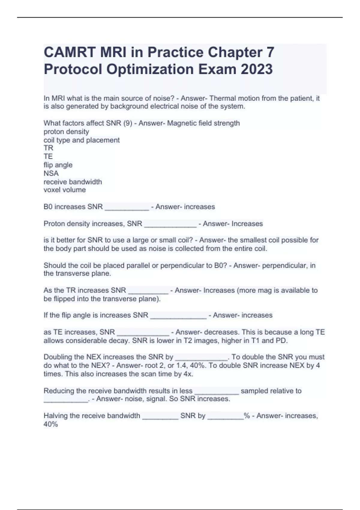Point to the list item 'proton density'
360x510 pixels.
pos(66,132)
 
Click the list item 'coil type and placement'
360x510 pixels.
pos(82,140)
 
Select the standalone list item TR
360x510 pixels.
pos(48,148)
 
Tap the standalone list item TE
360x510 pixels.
pos(48,157)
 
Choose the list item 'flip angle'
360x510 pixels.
pos(58,165)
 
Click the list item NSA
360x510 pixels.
pos(51,173)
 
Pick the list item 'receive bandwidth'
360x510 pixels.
pos(73,182)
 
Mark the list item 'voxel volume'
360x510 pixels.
pos(64,190)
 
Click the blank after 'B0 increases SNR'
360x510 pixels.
pos(127,208)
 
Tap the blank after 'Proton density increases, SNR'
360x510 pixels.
pos(170,224)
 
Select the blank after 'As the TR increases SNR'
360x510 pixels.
pos(148,291)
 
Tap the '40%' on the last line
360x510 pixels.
pos(51,424)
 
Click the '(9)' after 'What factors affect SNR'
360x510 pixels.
pos(127,123)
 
